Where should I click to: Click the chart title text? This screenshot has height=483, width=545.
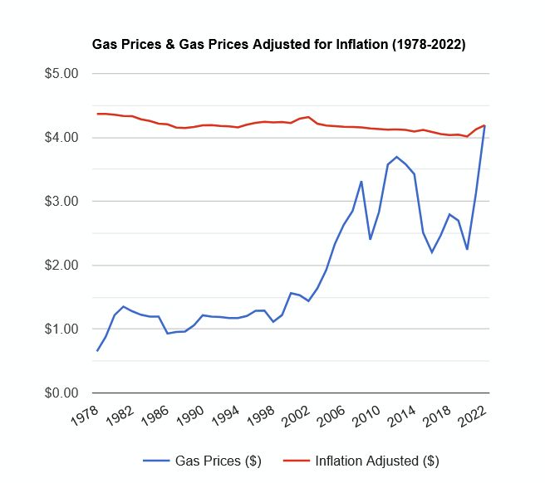[x=277, y=44]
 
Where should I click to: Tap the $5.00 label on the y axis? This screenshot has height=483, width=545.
[x=61, y=73]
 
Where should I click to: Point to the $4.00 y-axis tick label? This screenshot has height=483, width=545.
[x=61, y=137]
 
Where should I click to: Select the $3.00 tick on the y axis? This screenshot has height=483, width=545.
[x=61, y=201]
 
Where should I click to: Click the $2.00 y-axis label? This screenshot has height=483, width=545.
[x=61, y=265]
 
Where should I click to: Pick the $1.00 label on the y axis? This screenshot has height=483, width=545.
[x=61, y=329]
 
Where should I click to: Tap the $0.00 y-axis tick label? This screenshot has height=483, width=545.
[x=61, y=393]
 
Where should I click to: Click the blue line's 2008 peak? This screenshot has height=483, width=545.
[x=361, y=181]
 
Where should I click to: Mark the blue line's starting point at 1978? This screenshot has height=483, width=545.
[x=97, y=350]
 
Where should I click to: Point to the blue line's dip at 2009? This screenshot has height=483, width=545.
[x=370, y=239]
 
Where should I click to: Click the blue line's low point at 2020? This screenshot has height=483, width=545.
[x=467, y=249]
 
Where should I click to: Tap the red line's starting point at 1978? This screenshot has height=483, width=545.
[x=97, y=114]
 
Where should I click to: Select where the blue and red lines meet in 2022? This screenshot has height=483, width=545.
[x=484, y=125]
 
